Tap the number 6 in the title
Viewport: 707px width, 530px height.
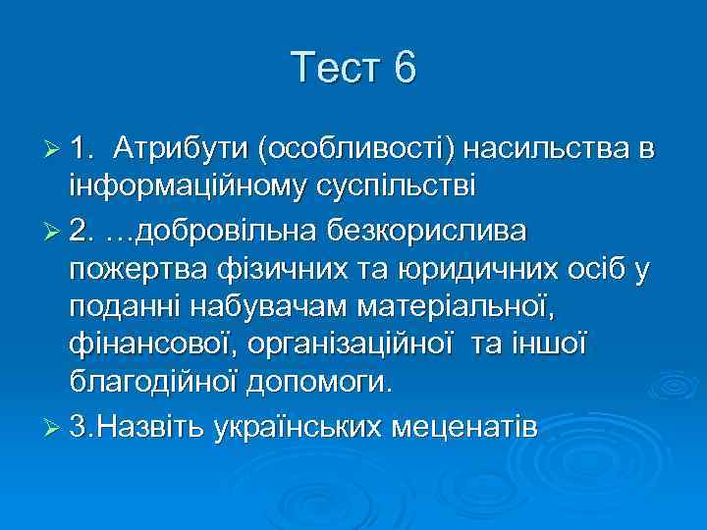(x=404, y=69)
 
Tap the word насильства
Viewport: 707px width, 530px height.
(x=546, y=148)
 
